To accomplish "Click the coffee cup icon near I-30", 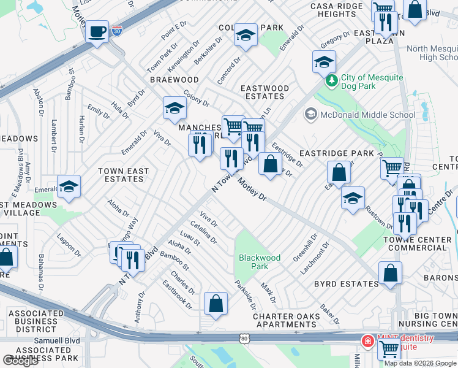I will point(97,31).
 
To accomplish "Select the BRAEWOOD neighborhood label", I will point(175,80).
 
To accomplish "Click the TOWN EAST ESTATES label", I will point(123,175).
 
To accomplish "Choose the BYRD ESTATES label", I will point(346,284).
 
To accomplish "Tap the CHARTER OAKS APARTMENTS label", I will point(287,320).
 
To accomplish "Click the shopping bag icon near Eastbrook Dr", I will point(216,303).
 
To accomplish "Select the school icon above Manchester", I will point(175,109).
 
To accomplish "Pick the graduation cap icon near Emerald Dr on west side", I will point(69,186).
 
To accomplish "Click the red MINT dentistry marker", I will point(367,342).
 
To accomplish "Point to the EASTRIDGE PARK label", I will point(336,153).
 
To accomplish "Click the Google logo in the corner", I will point(21,361).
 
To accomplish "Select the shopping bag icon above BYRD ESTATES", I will point(390,273).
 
